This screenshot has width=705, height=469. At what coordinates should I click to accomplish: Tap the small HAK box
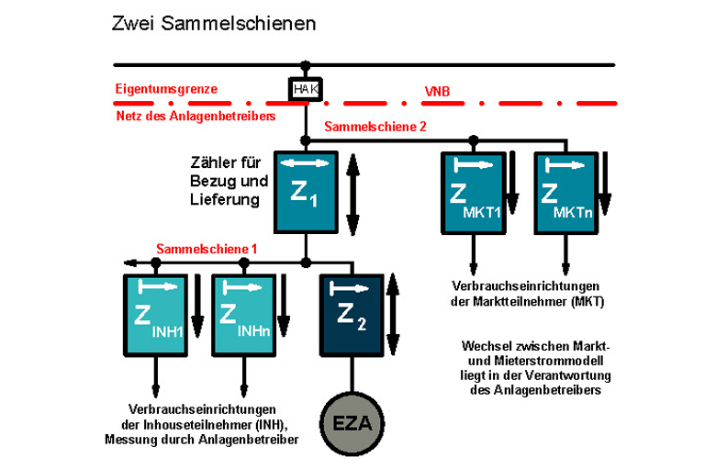(305, 89)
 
